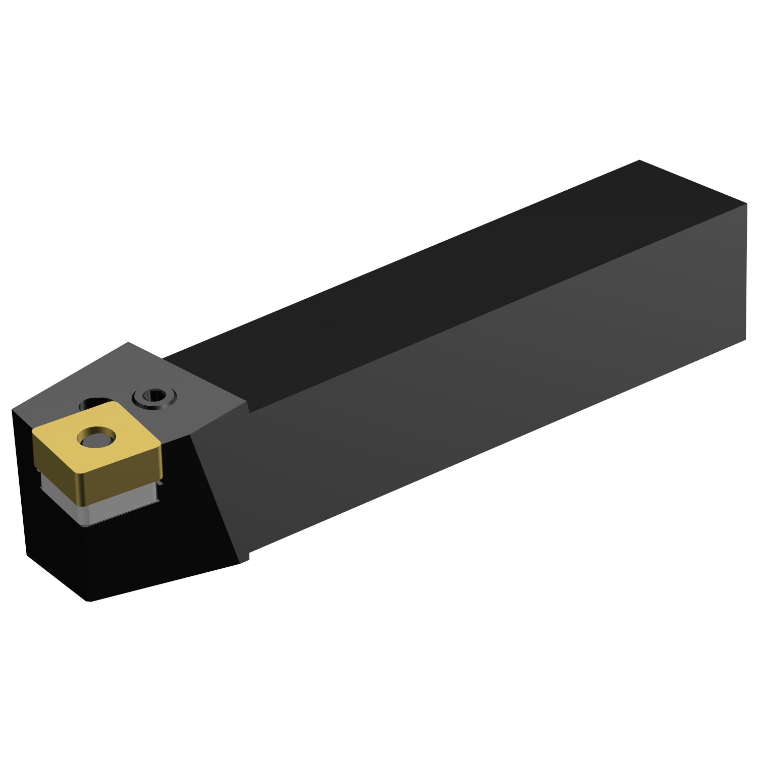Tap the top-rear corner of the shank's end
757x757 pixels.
[639, 160]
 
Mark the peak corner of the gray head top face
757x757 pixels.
[128, 342]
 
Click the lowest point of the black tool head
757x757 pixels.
[89, 601]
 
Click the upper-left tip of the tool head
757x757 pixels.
[12, 410]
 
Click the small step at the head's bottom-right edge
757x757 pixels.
[245, 558]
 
